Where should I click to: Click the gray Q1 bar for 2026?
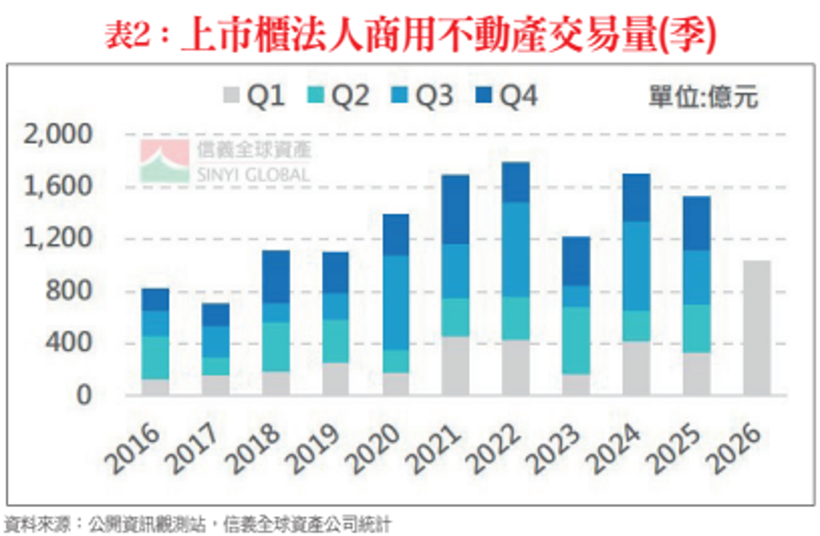756,328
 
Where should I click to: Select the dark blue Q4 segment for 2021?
456,209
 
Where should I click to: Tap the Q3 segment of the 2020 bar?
395,302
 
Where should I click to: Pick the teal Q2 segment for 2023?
577,340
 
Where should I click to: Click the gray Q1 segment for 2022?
516,367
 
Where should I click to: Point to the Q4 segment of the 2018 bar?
275,276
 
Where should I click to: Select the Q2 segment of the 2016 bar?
155,357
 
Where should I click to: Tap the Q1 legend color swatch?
231,98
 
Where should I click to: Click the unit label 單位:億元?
702,98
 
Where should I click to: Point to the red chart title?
409,35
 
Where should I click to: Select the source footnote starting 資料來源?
197,525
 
